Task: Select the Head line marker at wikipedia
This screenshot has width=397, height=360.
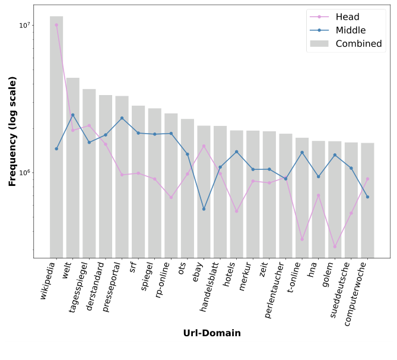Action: pyautogui.click(x=56, y=25)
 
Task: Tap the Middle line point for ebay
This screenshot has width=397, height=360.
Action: pyautogui.click(x=204, y=209)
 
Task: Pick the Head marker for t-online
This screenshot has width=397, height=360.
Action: pyautogui.click(x=302, y=239)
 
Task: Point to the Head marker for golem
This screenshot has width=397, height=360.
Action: pyautogui.click(x=335, y=247)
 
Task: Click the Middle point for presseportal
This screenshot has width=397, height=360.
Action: pyautogui.click(x=122, y=118)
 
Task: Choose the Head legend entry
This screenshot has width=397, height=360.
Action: pyautogui.click(x=347, y=17)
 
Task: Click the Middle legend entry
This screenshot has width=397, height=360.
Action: pyautogui.click(x=350, y=30)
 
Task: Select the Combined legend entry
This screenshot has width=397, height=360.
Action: pyautogui.click(x=358, y=43)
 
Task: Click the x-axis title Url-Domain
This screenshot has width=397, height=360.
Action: pyautogui.click(x=212, y=333)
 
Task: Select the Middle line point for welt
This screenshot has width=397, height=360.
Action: pyautogui.click(x=72, y=115)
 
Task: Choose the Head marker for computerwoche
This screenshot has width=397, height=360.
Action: pyautogui.click(x=367, y=179)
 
